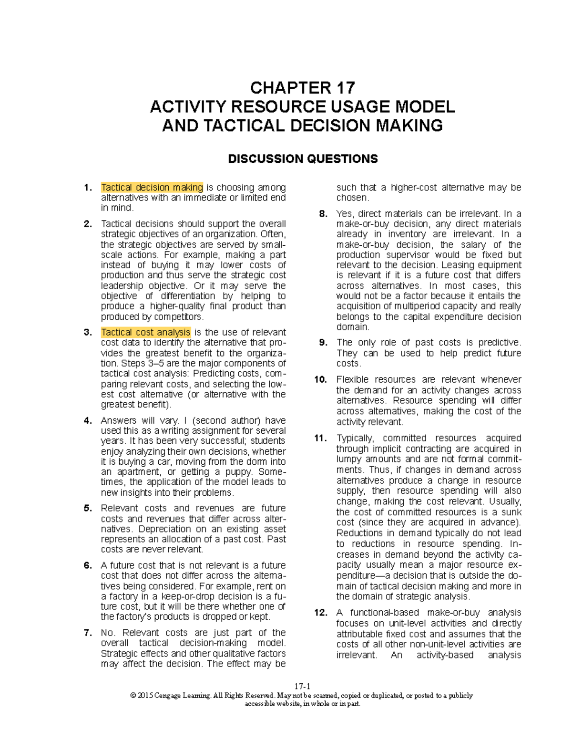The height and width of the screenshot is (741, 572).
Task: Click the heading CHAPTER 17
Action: [x=302, y=88]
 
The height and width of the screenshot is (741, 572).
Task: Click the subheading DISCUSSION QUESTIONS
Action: [x=303, y=159]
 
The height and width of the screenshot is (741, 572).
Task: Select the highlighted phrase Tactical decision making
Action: [x=152, y=188]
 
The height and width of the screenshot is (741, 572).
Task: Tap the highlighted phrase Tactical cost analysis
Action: [x=146, y=332]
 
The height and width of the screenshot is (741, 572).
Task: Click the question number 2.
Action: [x=88, y=224]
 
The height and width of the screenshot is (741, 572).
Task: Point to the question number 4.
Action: [x=88, y=420]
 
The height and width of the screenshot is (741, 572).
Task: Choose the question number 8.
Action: [x=323, y=214]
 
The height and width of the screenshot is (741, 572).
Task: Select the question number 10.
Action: [x=321, y=379]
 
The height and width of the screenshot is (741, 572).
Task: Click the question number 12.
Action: [x=321, y=613]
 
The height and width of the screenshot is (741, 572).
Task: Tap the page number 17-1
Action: [x=302, y=686]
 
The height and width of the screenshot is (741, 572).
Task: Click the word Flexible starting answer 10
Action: [x=352, y=379]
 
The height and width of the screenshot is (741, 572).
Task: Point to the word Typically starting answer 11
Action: [x=355, y=438]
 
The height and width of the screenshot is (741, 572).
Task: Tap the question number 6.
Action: [x=88, y=565]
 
